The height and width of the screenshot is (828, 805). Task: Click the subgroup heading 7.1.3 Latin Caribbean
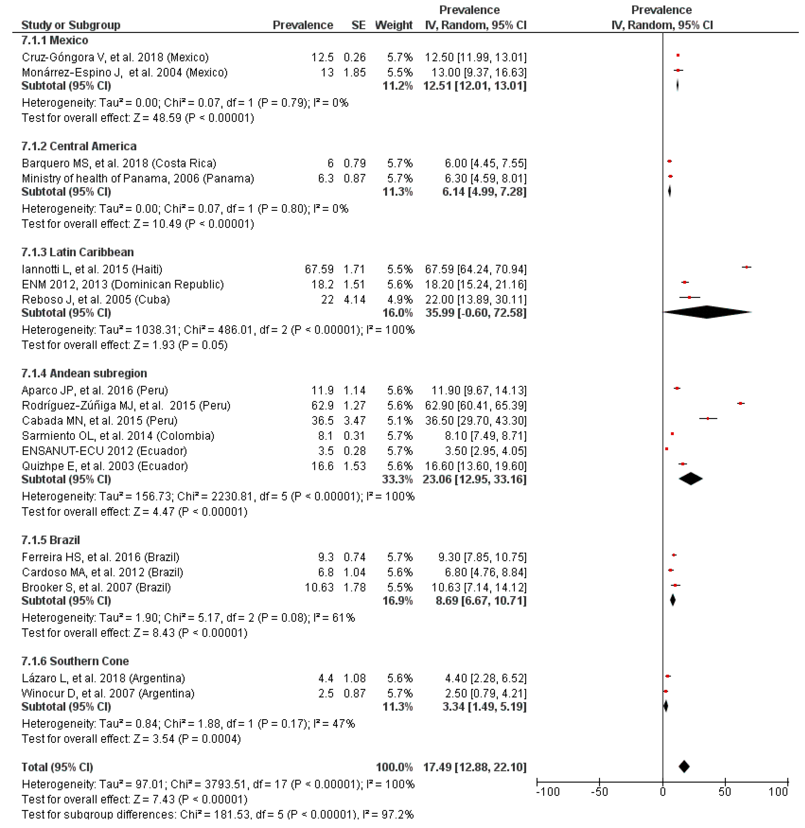pos(77,252)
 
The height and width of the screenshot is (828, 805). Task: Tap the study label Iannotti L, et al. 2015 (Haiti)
pos(92,269)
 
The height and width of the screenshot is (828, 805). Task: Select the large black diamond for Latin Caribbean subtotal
pos(707,312)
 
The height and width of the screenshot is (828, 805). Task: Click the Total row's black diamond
pos(684,767)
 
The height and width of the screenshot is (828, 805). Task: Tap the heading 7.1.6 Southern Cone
pos(75,661)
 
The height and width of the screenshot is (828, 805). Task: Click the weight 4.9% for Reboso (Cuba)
pos(400,300)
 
